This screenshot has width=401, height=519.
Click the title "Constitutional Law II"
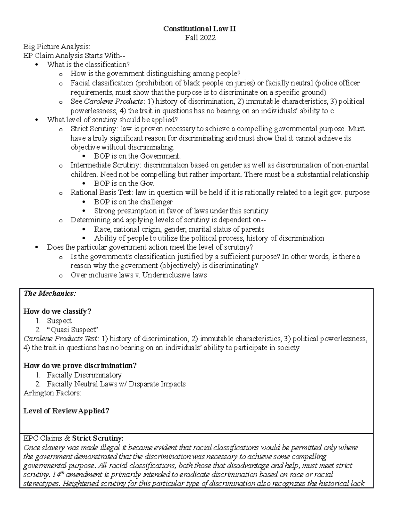coord(199,29)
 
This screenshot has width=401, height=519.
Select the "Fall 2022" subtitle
coord(200,38)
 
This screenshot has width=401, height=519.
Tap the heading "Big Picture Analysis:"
coord(56,47)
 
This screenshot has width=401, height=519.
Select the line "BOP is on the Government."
coord(137,156)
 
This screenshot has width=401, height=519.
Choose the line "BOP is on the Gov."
coord(124,183)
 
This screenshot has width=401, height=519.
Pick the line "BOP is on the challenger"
coord(133,202)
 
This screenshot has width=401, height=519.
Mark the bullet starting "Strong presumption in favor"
coord(181,211)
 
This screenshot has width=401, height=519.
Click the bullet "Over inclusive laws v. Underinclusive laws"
coord(139,275)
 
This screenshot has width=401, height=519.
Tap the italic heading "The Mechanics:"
coord(50,293)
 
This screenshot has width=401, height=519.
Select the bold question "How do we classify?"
coord(57,311)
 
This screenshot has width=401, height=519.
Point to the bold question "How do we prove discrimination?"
coord(80,366)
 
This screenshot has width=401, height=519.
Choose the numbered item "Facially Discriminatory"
coord(84,375)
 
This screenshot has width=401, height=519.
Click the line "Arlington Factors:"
coord(52,393)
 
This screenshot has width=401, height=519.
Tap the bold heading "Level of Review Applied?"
coord(66,411)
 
